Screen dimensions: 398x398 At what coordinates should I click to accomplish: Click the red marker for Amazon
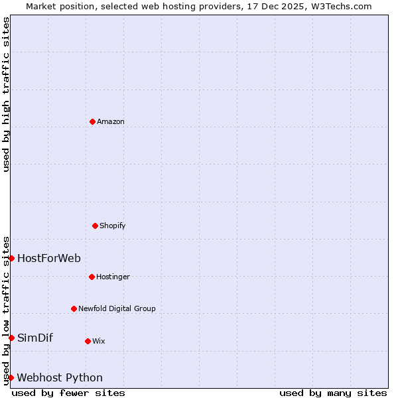(x=92, y=121)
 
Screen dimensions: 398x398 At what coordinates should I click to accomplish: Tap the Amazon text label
(x=111, y=122)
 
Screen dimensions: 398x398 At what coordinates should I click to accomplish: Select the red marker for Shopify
(x=95, y=226)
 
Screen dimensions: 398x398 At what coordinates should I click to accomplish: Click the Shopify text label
(x=113, y=226)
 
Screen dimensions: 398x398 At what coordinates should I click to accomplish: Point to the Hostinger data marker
(x=92, y=277)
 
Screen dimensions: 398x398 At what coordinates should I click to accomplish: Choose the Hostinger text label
(x=113, y=277)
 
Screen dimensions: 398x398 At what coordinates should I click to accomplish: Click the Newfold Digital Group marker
(x=74, y=308)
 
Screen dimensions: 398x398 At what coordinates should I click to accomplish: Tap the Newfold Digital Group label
(x=117, y=309)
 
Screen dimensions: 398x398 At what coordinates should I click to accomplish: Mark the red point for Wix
(x=88, y=341)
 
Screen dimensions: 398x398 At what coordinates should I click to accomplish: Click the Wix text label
(x=99, y=342)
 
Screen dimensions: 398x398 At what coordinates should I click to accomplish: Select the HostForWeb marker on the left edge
(x=11, y=258)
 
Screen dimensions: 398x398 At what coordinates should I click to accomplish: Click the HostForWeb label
(x=49, y=259)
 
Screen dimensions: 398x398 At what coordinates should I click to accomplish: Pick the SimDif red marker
(x=11, y=338)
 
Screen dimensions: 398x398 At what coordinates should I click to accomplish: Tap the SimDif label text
(x=35, y=338)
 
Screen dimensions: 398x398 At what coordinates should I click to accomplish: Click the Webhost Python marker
(x=11, y=377)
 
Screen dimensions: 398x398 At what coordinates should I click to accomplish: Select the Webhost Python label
(x=60, y=378)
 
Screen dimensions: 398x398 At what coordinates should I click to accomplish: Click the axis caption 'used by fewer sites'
(x=68, y=393)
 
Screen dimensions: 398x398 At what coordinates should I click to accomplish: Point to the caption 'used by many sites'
(x=333, y=393)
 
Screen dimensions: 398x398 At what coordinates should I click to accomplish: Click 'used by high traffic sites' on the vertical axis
(x=6, y=94)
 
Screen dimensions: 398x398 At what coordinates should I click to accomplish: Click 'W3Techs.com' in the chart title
(x=343, y=6)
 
